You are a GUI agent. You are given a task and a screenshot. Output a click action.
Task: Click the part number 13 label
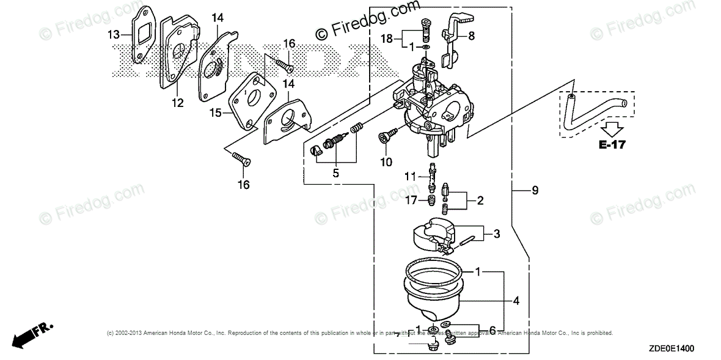click(x=114, y=34)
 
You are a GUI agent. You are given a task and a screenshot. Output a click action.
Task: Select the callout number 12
click(x=178, y=103)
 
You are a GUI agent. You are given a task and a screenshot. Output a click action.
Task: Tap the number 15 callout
click(x=215, y=112)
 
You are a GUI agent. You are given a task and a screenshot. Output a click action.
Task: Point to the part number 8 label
click(x=471, y=36)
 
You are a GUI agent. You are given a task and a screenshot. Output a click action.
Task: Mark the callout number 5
click(x=335, y=173)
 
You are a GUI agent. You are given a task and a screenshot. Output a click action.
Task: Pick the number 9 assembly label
click(x=535, y=191)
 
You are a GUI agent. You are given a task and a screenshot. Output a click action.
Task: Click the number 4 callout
click(x=516, y=301)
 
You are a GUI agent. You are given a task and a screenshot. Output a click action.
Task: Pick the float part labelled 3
click(x=431, y=235)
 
